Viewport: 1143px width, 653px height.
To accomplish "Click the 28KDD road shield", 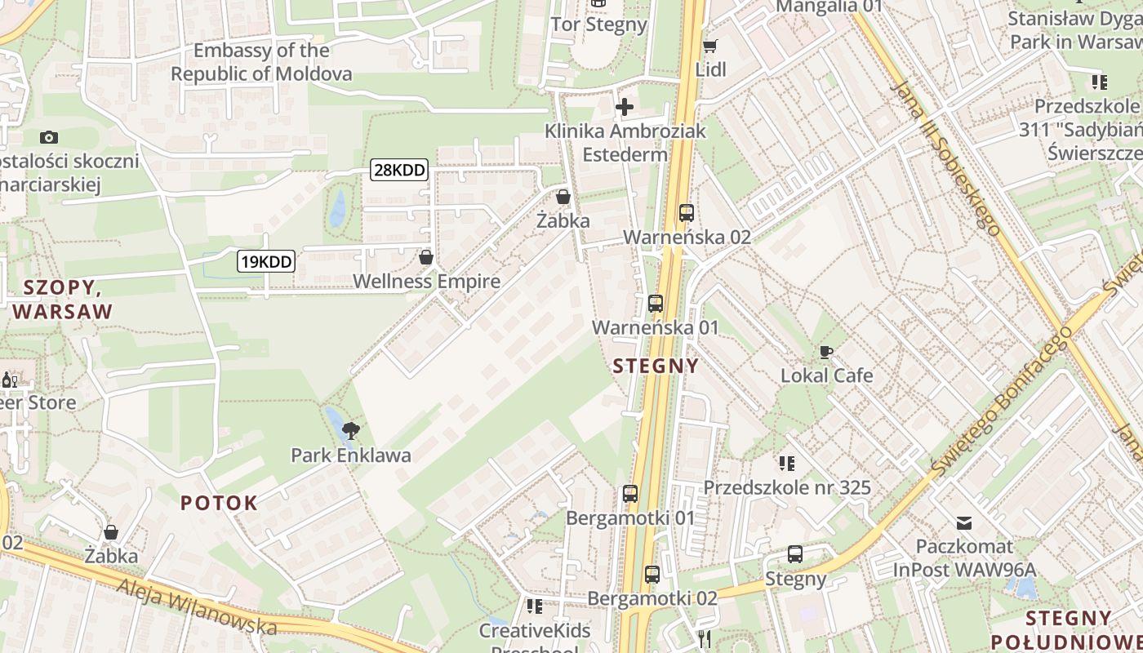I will click(x=399, y=170).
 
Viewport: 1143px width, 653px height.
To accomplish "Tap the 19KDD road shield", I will click(x=266, y=261).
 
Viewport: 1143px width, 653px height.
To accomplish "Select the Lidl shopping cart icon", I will click(x=710, y=47).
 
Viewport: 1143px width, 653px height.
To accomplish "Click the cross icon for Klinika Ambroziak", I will click(x=625, y=106).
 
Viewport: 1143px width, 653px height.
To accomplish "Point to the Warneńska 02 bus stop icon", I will click(x=687, y=213).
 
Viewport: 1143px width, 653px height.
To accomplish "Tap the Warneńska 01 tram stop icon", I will click(x=656, y=304).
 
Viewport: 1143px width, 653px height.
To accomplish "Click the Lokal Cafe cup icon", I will click(x=826, y=352).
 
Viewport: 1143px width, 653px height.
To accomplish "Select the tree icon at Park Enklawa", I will click(x=351, y=430).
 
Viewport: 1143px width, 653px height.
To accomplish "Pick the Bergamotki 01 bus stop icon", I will click(x=630, y=494).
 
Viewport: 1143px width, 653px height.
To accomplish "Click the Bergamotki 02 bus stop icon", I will click(x=652, y=574).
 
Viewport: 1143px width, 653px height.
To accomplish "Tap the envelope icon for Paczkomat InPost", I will click(x=964, y=522).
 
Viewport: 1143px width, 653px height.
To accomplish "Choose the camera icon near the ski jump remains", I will click(x=49, y=137).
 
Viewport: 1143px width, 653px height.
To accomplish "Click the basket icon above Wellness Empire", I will click(x=425, y=258).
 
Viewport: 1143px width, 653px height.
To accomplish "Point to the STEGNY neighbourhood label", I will click(x=656, y=366).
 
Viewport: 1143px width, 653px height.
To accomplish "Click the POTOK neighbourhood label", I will click(x=219, y=503).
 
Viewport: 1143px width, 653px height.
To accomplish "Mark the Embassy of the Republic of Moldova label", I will click(x=261, y=62).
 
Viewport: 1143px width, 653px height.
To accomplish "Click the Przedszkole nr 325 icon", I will click(x=787, y=464).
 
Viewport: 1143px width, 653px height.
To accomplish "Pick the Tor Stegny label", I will click(x=599, y=24).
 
